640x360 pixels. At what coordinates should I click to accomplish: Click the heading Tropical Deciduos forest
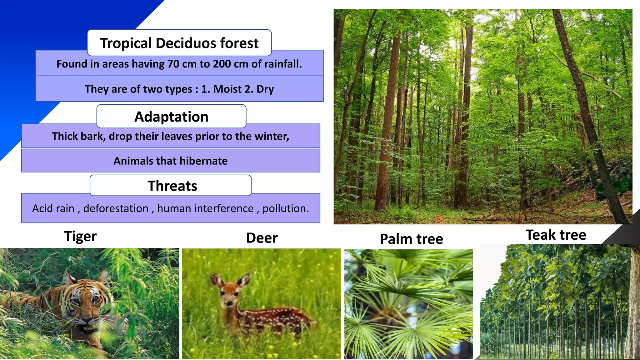coord(179,43)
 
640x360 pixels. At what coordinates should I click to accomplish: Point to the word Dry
coord(265,89)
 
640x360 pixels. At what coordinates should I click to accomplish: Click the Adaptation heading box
coord(171,117)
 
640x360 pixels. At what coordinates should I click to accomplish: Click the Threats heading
coord(172,186)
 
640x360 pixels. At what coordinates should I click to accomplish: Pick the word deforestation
coord(116,208)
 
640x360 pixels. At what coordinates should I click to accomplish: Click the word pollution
coord(285,208)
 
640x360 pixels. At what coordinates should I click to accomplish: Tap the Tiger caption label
coord(80,236)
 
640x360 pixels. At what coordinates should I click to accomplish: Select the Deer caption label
coord(262,238)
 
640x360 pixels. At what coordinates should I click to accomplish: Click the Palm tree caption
coord(411,239)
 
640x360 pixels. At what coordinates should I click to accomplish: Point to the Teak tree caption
coord(556,235)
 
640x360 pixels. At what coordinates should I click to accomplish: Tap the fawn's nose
coord(229,303)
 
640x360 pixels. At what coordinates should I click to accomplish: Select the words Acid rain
coord(53,208)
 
